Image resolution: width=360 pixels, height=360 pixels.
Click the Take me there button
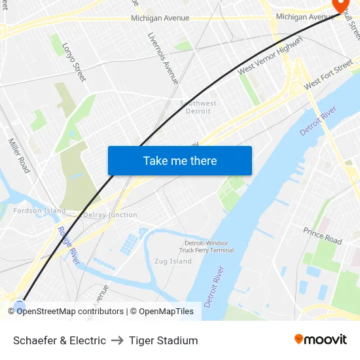coord(179,161)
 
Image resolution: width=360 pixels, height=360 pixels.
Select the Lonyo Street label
coord(73,62)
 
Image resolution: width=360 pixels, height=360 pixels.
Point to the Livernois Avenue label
coord(163,58)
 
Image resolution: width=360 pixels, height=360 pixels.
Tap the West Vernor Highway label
coord(270,56)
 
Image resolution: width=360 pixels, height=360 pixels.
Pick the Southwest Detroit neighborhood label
coord(198,107)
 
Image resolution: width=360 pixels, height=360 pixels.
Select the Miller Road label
coord(19,155)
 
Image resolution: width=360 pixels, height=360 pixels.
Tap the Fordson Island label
coord(40,211)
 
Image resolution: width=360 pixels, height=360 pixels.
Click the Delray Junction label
coord(111,215)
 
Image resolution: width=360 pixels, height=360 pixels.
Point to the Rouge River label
coord(68,245)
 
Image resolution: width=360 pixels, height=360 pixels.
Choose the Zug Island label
coord(173,261)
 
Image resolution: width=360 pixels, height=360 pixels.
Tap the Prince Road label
coord(322,236)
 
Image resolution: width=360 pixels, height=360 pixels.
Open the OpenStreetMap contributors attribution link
coord(70,312)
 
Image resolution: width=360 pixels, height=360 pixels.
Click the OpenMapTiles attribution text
coord(162,312)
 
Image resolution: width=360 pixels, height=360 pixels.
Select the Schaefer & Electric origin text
coord(60,340)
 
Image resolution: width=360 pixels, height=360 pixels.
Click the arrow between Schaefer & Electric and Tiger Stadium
coord(118,340)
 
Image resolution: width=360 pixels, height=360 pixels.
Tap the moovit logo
coord(321,339)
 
